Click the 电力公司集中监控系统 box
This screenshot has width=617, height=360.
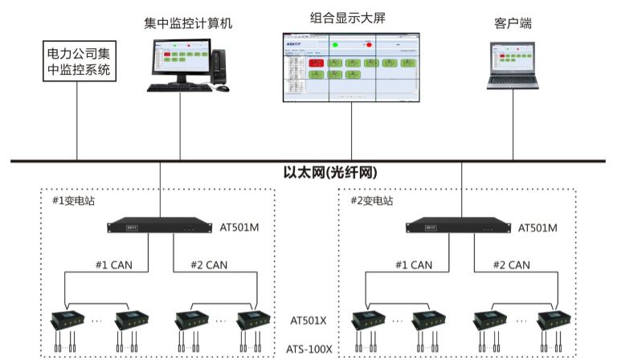[x=78, y=63]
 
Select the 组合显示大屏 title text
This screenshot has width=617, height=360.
[x=348, y=16]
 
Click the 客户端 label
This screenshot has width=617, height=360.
[x=513, y=23]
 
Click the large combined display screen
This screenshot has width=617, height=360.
[x=352, y=67]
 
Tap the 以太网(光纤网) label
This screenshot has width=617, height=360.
[x=330, y=173]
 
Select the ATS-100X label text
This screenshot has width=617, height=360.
[x=309, y=349]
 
